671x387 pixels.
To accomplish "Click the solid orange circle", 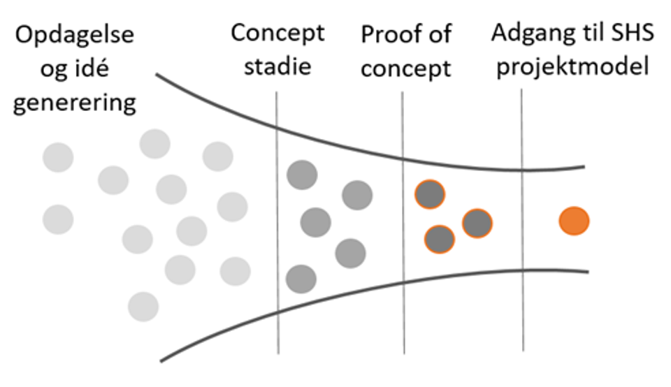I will click(574, 222).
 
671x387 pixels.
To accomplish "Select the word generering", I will click(75, 103).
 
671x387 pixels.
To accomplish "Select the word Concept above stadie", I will click(278, 34).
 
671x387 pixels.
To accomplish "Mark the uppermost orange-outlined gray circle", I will click(430, 195).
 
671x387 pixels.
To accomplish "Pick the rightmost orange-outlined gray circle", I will click(477, 224).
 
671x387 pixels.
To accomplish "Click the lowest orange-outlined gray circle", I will click(440, 240).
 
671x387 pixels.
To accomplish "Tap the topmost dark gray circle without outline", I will click(302, 175).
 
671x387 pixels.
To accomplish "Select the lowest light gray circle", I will click(143, 307).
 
